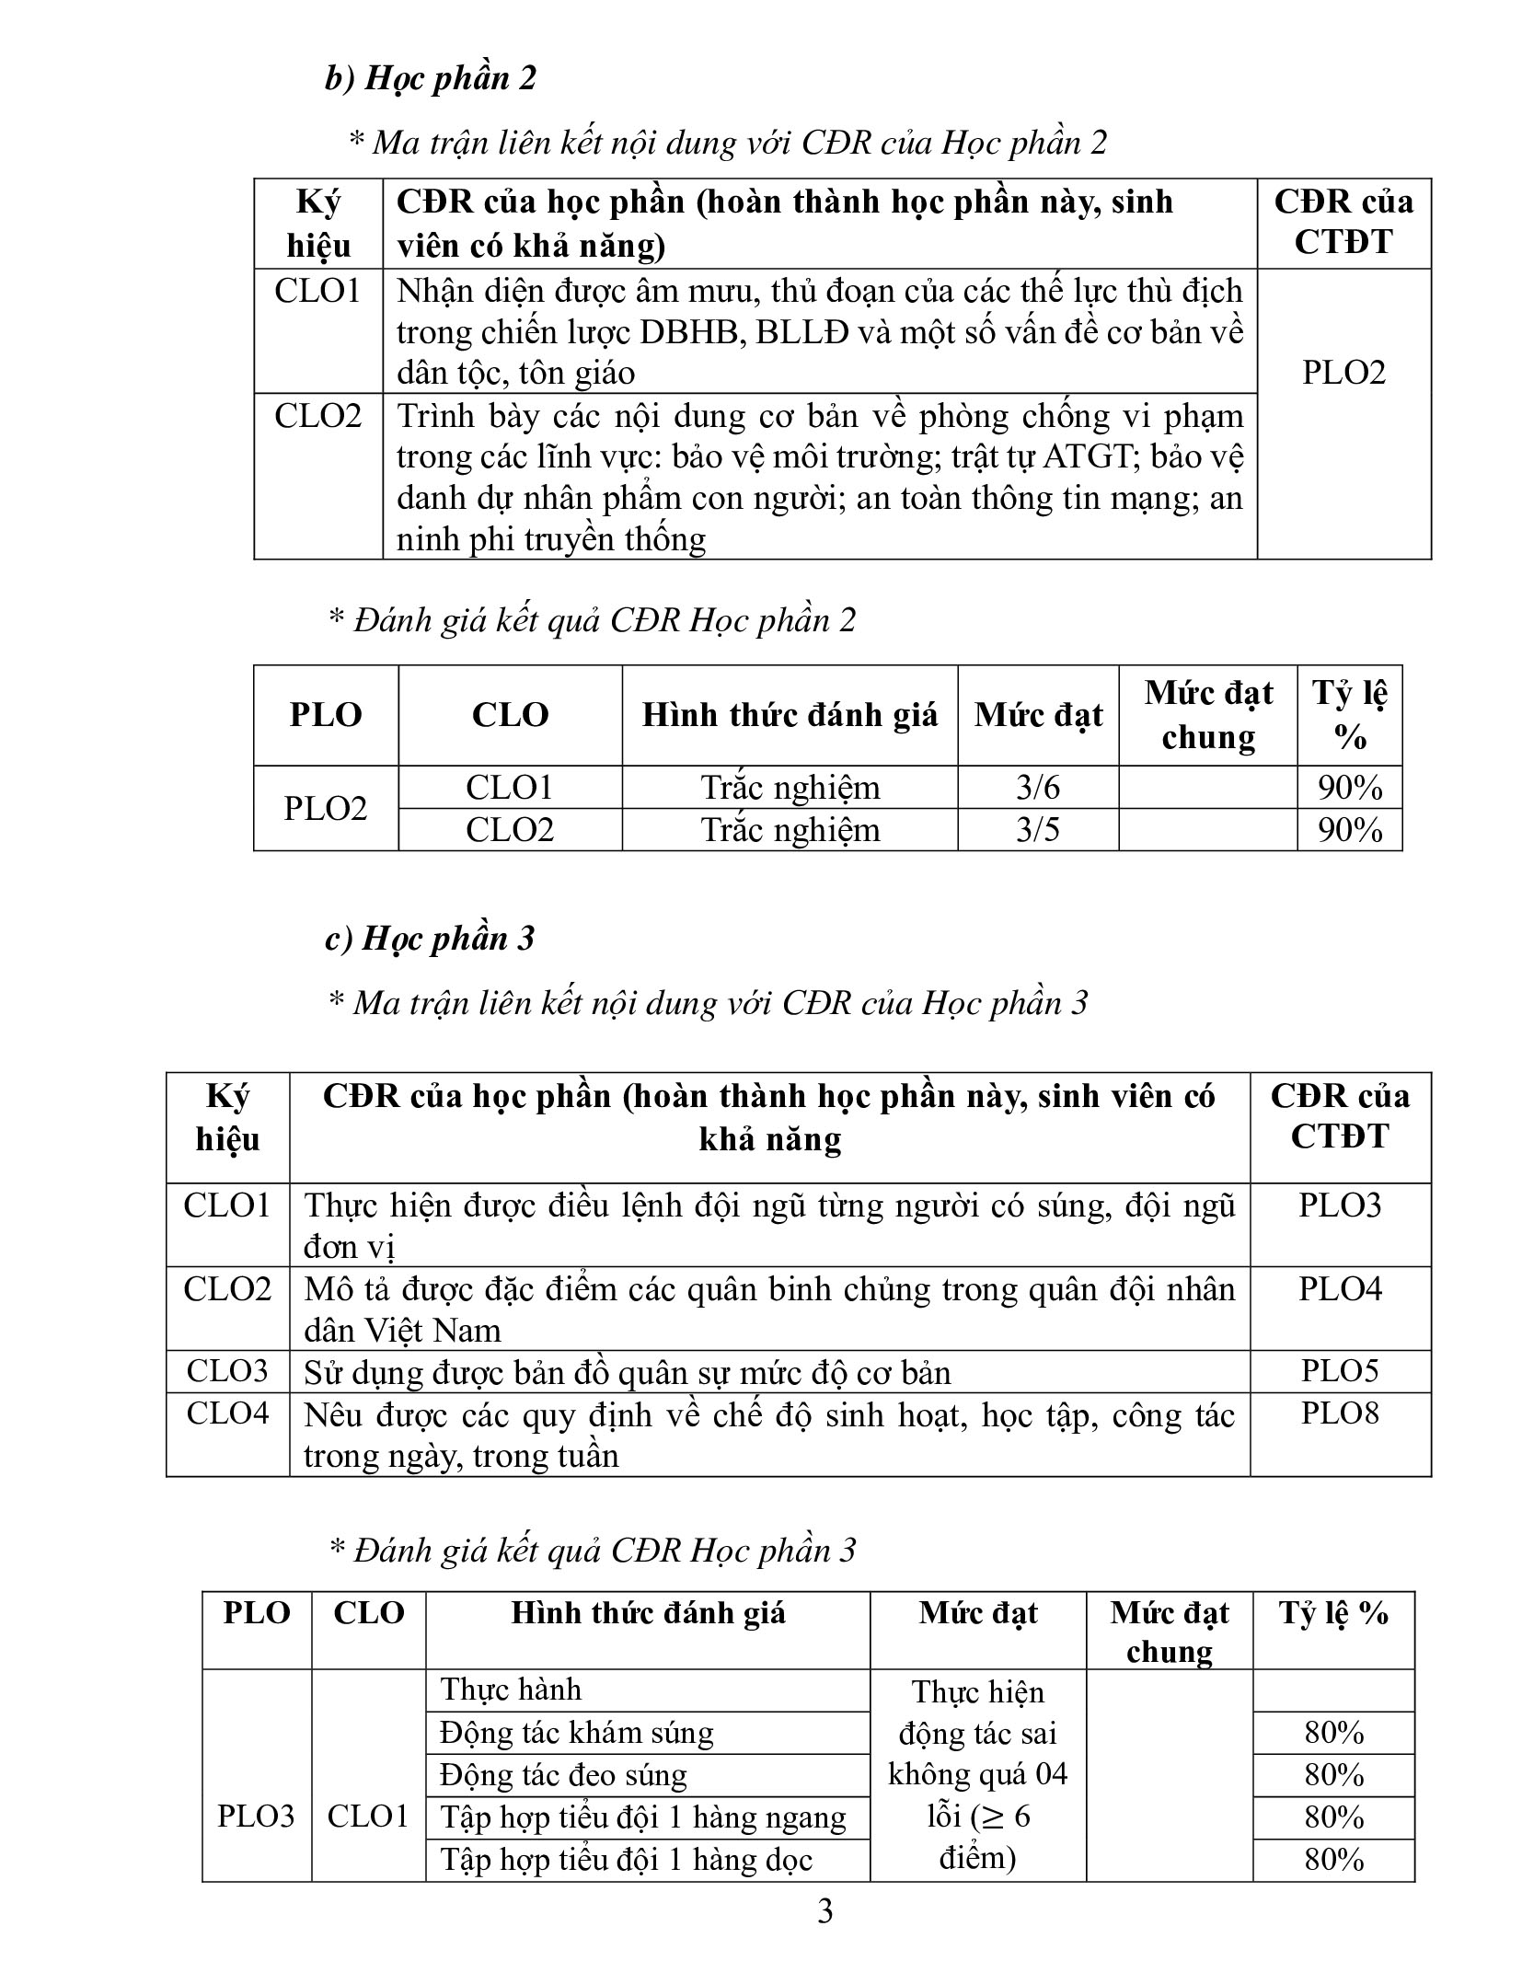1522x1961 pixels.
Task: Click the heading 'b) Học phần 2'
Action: [430, 78]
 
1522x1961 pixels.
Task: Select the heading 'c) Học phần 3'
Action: [430, 938]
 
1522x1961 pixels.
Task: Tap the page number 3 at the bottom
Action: [824, 1911]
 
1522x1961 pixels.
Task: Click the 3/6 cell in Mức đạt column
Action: [1037, 787]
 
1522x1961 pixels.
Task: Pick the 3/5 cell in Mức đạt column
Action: [1037, 829]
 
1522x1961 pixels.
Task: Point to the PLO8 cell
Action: [1340, 1413]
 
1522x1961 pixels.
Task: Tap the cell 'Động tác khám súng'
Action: [576, 1733]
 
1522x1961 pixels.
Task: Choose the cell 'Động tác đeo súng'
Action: [563, 1775]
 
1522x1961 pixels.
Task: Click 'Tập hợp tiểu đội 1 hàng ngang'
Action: [642, 1817]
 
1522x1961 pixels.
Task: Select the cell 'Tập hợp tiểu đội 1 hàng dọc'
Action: [626, 1860]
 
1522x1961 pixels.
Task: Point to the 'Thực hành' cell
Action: [511, 1690]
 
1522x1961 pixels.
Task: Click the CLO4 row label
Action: [227, 1413]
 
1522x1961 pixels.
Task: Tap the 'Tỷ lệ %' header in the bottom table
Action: [1332, 1613]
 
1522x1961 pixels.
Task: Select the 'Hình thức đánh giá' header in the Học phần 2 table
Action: [790, 715]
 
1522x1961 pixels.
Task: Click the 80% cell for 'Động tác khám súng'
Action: [1332, 1733]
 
